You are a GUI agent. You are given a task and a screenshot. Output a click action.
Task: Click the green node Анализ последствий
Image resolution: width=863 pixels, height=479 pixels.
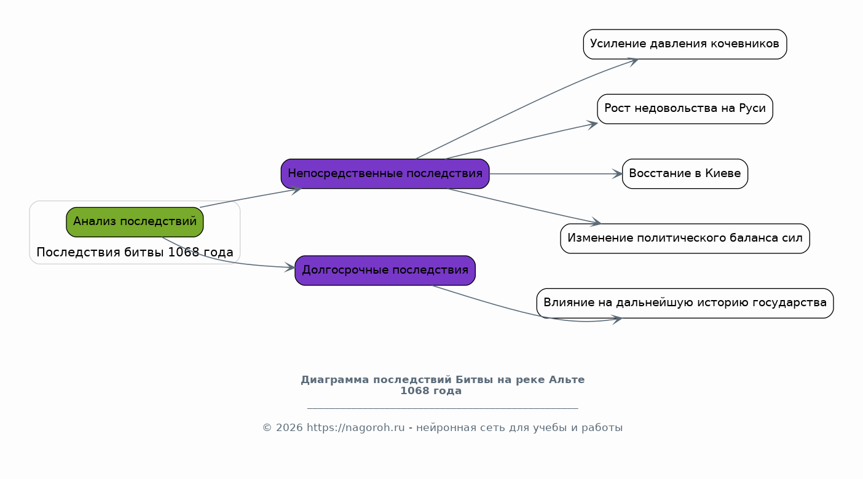pyautogui.click(x=135, y=222)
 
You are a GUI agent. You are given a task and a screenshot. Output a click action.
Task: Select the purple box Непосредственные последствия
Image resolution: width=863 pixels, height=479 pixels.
pyautogui.click(x=385, y=174)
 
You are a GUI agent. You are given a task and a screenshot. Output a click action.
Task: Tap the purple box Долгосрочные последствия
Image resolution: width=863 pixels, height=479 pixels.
pyautogui.click(x=385, y=271)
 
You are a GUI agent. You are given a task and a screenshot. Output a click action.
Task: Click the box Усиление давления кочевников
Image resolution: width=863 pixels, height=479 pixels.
pyautogui.click(x=685, y=44)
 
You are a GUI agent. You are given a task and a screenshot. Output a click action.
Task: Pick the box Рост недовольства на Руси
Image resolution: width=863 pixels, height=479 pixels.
pyautogui.click(x=685, y=109)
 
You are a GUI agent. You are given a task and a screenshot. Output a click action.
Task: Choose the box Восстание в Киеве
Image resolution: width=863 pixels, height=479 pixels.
pyautogui.click(x=685, y=174)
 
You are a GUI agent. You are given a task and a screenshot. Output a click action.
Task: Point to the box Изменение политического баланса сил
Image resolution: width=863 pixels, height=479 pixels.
pyautogui.click(x=685, y=239)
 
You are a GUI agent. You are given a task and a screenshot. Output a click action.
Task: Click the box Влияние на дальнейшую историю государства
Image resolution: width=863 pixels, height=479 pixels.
pyautogui.click(x=685, y=303)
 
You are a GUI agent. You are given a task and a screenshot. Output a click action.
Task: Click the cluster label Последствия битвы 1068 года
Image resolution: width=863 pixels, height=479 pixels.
pyautogui.click(x=135, y=252)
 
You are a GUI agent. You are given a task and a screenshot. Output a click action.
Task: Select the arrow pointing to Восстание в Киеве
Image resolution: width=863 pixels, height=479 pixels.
pyautogui.click(x=556, y=174)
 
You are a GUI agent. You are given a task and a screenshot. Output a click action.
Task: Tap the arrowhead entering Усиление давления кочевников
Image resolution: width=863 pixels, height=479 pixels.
pyautogui.click(x=632, y=61)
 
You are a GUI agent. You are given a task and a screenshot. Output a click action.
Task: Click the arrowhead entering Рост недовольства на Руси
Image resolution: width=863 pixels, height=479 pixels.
pyautogui.click(x=592, y=125)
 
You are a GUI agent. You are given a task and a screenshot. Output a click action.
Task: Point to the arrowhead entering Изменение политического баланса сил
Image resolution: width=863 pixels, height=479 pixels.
pyautogui.click(x=596, y=221)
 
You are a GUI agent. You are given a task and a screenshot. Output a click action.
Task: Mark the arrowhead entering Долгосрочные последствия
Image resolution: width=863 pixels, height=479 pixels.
pyautogui.click(x=290, y=267)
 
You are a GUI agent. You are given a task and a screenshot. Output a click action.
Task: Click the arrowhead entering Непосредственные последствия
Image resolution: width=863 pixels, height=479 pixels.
pyautogui.click(x=296, y=190)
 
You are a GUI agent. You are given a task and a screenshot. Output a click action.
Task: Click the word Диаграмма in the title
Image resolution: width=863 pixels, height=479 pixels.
pyautogui.click(x=335, y=380)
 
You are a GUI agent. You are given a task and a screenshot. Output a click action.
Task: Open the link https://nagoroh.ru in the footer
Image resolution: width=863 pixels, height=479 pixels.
pyautogui.click(x=356, y=428)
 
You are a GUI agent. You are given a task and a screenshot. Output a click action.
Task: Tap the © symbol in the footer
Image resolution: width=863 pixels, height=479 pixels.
pyautogui.click(x=267, y=428)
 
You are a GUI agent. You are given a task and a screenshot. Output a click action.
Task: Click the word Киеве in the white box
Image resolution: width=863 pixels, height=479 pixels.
pyautogui.click(x=723, y=173)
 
